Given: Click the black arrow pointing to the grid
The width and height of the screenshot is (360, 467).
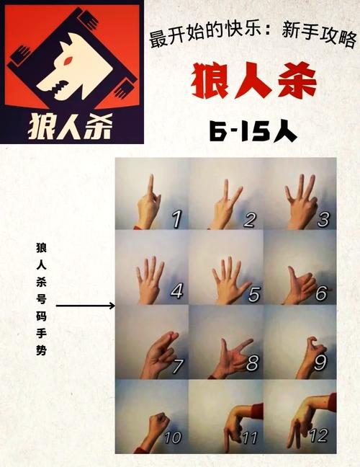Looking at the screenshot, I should [x=85, y=306].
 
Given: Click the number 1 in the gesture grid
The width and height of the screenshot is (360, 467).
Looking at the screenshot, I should [x=175, y=218].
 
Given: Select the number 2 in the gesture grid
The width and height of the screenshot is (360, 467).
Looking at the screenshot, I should [x=248, y=218].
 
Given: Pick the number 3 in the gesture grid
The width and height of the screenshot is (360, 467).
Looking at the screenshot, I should [x=323, y=218].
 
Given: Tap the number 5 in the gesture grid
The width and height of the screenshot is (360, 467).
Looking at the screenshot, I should [x=249, y=292].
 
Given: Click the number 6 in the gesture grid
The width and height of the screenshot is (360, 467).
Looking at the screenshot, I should [x=322, y=293].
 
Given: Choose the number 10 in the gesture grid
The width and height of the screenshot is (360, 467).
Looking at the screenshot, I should [x=173, y=437].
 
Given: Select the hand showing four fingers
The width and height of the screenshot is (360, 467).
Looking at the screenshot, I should [x=149, y=277].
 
